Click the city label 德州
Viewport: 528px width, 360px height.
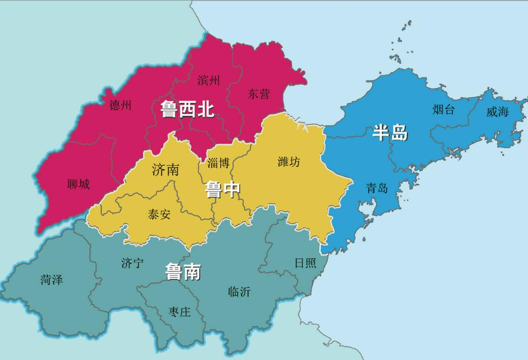coord(121,105)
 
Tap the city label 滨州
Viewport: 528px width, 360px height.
coord(209,80)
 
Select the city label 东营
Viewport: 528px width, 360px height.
coord(259,94)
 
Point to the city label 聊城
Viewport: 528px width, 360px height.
coord(78,185)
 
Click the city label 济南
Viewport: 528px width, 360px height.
coord(165,169)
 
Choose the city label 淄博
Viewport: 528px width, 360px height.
coord(218,163)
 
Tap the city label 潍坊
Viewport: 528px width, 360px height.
coord(289,162)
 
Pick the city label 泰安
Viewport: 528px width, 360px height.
coord(159,214)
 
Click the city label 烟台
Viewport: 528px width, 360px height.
coord(444,109)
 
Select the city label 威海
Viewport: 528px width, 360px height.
coord(498,112)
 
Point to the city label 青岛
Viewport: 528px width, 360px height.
coord(377,189)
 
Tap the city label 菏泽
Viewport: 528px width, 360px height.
coord(51,280)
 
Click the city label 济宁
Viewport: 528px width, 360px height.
coord(133,263)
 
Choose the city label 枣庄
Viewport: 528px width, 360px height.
coord(180,312)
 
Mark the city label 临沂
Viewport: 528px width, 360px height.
coord(239,291)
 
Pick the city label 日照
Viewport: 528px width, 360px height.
coord(306,263)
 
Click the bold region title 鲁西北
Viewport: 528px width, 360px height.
coord(187,109)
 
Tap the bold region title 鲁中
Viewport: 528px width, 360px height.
coord(222,190)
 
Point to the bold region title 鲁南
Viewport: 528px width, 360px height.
coord(183,272)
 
